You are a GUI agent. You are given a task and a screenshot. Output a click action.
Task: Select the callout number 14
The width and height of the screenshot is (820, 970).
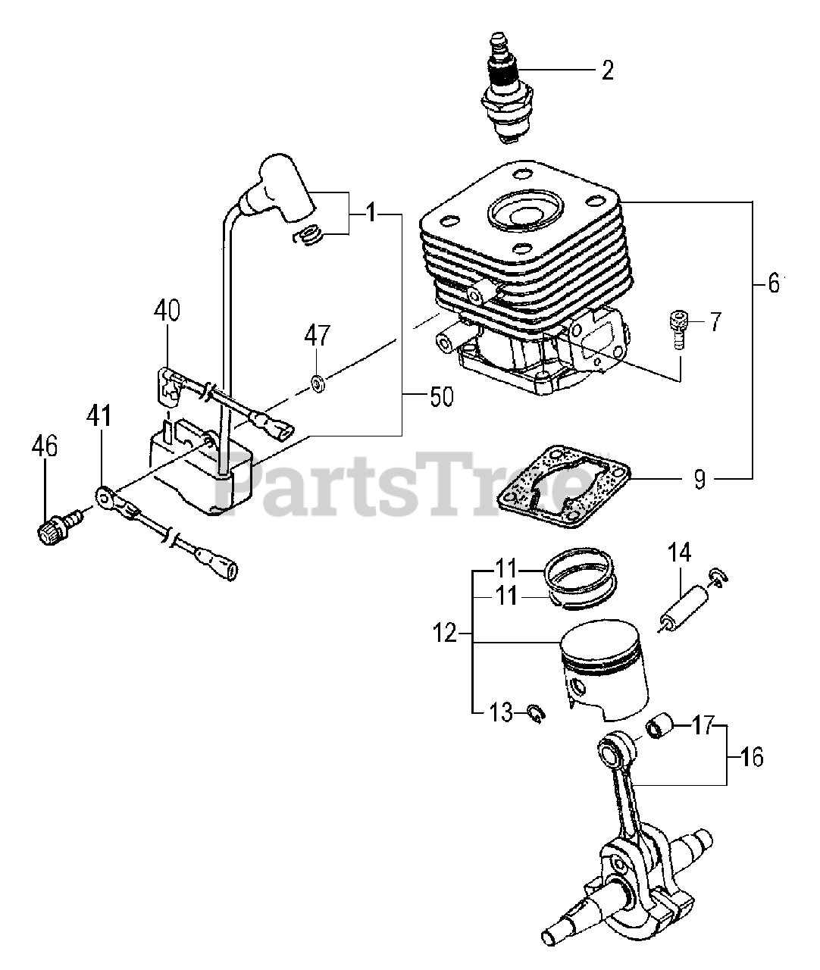click(679, 552)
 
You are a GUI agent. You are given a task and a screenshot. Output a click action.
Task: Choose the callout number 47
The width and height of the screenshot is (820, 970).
click(318, 334)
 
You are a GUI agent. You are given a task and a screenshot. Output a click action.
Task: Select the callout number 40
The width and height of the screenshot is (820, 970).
click(167, 310)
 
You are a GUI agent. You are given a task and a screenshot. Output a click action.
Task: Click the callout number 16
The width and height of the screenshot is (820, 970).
click(751, 756)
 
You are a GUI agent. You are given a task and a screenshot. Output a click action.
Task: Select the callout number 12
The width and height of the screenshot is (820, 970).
click(446, 633)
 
